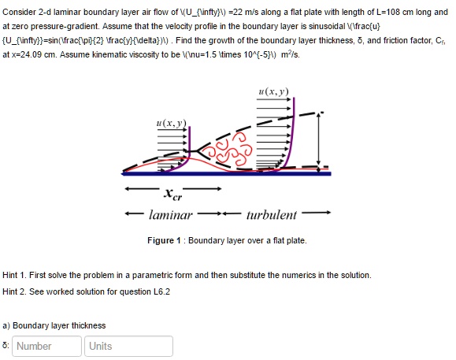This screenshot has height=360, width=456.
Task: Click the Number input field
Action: tap(47, 346)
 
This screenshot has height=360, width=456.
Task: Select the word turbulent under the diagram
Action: tap(271, 214)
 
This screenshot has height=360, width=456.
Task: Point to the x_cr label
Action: tap(170, 193)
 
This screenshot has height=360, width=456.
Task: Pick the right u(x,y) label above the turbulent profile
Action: tap(272, 92)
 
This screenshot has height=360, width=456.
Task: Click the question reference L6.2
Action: tap(159, 291)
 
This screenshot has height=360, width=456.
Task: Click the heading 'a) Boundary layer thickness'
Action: tap(54, 325)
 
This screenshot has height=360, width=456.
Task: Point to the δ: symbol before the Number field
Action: tap(6, 346)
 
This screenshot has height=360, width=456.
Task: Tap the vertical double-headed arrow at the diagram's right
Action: tap(318, 138)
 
